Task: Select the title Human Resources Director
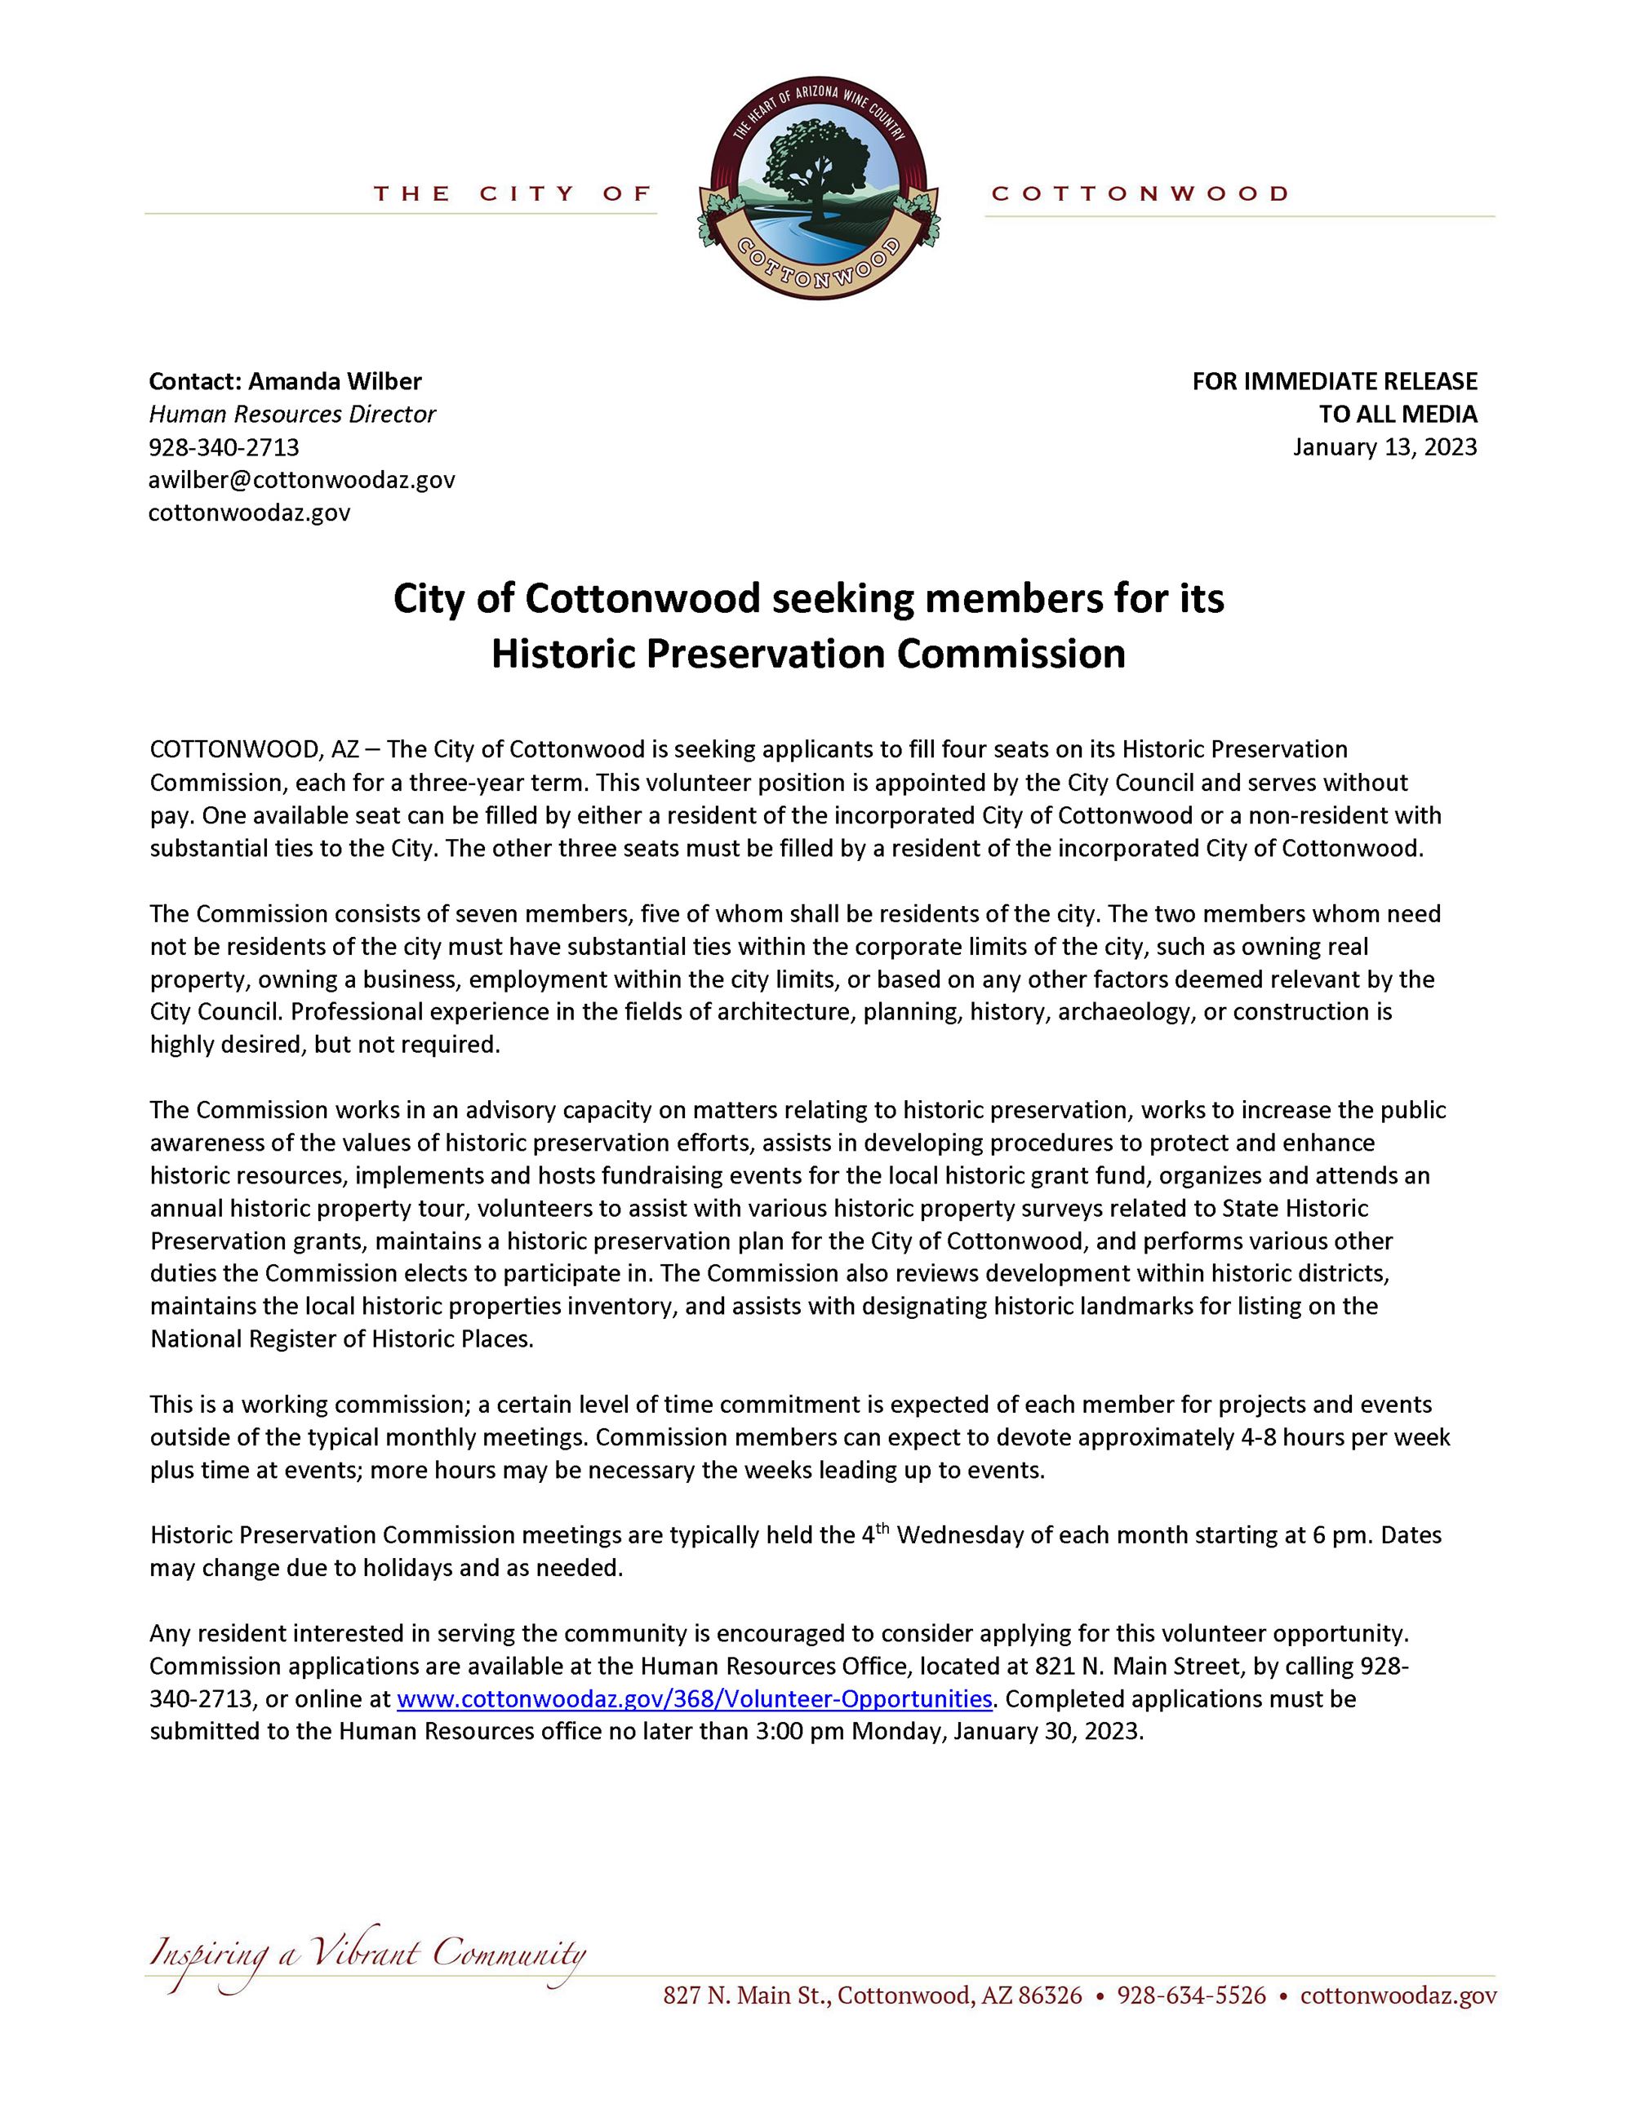(x=291, y=415)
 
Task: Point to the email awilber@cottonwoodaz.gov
(x=301, y=480)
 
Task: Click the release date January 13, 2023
(x=1384, y=447)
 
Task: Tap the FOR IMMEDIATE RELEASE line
(x=1334, y=382)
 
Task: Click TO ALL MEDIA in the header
(x=1397, y=415)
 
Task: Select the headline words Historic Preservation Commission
(x=807, y=654)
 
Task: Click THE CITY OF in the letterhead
(x=512, y=194)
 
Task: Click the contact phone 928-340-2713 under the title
(x=224, y=448)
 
